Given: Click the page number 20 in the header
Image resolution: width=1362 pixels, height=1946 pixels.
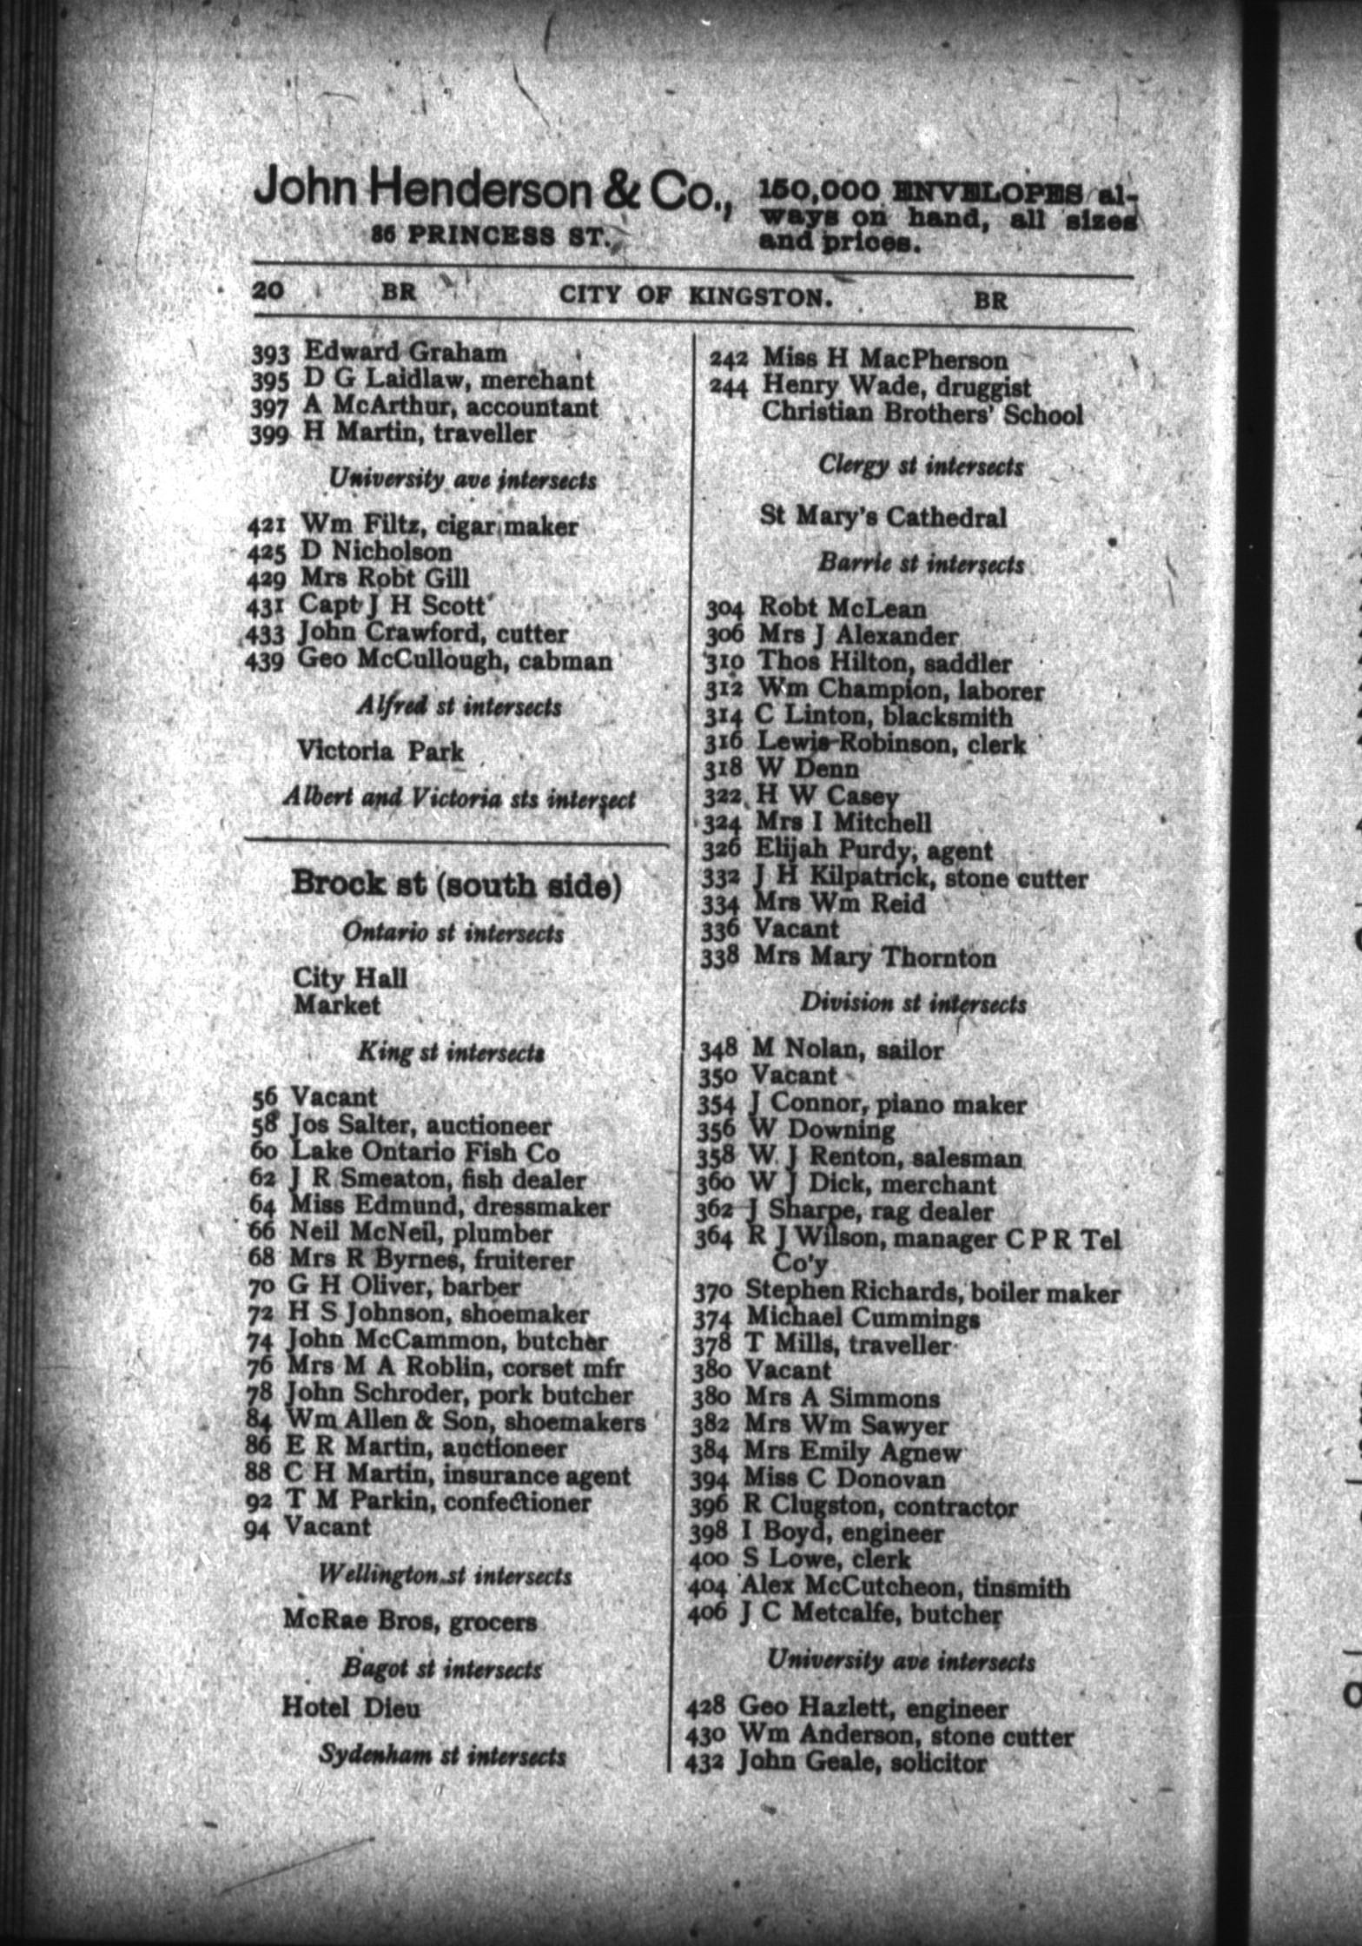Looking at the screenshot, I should pyautogui.click(x=268, y=290).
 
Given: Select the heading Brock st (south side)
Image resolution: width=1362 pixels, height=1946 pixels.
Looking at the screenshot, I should pyautogui.click(x=456, y=885).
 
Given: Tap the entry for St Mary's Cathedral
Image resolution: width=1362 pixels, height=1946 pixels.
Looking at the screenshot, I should pyautogui.click(x=883, y=518).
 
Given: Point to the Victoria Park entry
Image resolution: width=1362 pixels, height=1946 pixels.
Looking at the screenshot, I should pyautogui.click(x=380, y=751).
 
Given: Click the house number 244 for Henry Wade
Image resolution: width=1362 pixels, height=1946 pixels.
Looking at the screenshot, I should pyautogui.click(x=729, y=387).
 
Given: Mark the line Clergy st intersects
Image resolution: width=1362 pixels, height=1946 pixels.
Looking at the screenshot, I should pyautogui.click(x=921, y=466).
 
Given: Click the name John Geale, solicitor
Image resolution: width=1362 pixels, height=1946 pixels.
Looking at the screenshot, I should pyautogui.click(x=862, y=1763).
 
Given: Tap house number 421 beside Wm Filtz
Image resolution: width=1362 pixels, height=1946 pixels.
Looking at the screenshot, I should pyautogui.click(x=268, y=526).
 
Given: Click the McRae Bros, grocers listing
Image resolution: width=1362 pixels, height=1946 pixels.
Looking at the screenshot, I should pyautogui.click(x=410, y=1621).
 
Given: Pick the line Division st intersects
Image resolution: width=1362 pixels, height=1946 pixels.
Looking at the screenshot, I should pyautogui.click(x=913, y=1003).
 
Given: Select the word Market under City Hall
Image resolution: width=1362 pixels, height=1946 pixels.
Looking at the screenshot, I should pyautogui.click(x=337, y=1005).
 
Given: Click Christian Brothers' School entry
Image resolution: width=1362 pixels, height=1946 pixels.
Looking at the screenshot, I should pyautogui.click(x=922, y=414).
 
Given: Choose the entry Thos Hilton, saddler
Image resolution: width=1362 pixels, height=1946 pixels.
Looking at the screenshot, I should pyautogui.click(x=885, y=663).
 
